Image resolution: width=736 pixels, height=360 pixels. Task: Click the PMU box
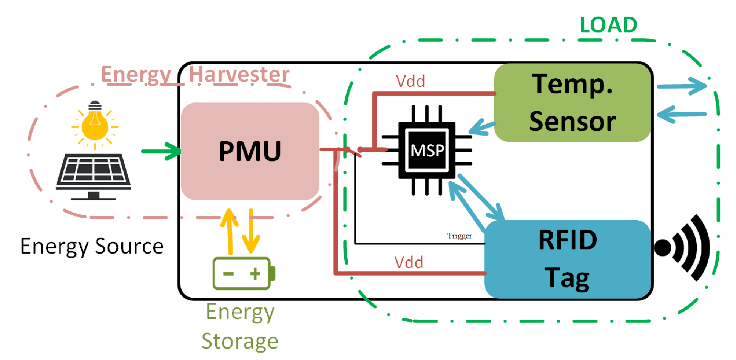point(250,151)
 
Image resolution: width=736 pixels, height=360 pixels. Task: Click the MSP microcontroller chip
point(427,150)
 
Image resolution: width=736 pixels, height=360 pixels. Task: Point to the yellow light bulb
point(95,125)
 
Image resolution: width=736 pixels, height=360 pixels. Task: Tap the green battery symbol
point(243,273)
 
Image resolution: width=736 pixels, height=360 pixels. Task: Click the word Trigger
point(459,236)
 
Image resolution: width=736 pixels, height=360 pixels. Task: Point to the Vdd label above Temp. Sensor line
point(410,81)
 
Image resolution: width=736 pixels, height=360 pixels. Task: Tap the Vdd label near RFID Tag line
point(409,262)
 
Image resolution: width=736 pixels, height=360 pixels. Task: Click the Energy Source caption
point(92,246)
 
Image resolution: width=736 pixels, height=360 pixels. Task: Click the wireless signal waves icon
point(683,247)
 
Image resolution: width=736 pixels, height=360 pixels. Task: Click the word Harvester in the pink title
point(239,74)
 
